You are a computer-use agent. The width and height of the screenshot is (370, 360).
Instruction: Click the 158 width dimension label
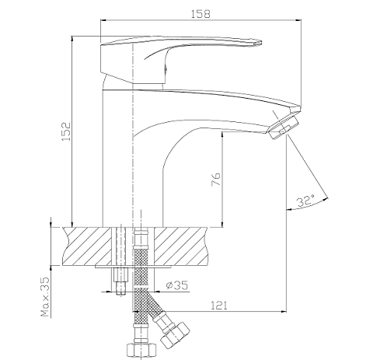(x=201, y=14)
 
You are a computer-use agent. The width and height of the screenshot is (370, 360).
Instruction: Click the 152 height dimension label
(x=66, y=131)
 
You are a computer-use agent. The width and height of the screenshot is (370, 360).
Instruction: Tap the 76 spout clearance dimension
(x=216, y=179)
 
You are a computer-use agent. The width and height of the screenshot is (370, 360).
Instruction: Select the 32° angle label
(x=305, y=201)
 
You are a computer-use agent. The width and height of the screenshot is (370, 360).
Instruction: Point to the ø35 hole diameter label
(x=176, y=285)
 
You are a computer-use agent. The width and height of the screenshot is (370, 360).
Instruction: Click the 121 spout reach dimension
(x=219, y=306)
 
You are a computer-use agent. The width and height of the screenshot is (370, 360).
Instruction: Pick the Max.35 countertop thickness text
(x=45, y=297)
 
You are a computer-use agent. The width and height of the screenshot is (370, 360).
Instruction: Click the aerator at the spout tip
(x=283, y=126)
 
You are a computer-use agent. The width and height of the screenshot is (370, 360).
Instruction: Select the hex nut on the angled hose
(x=175, y=334)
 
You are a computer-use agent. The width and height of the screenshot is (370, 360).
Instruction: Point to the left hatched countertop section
(x=87, y=246)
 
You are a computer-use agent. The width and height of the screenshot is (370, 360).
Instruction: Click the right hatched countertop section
(x=181, y=246)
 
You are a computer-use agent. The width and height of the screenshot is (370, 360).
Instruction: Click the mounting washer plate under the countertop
(x=134, y=266)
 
